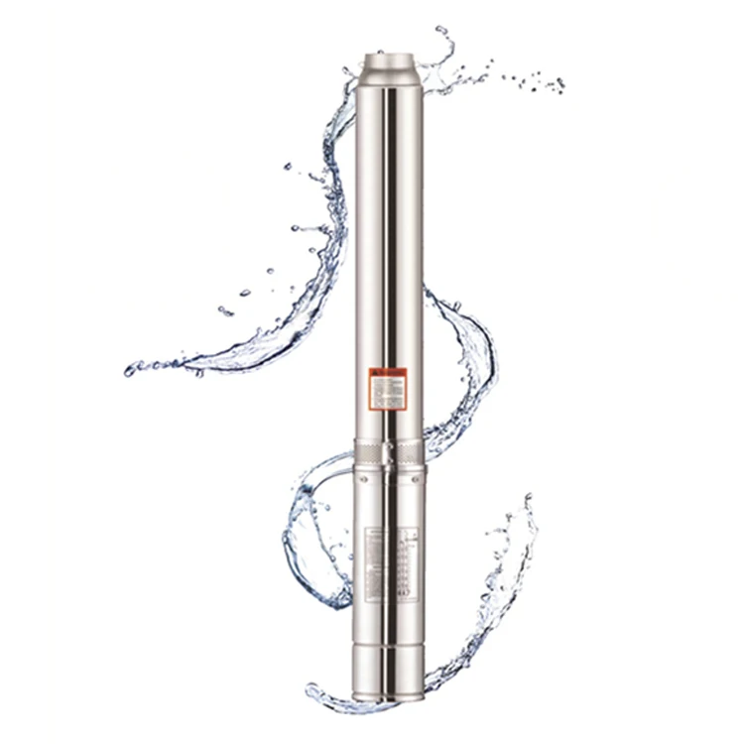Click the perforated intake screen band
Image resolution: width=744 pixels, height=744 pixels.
click(369, 456)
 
